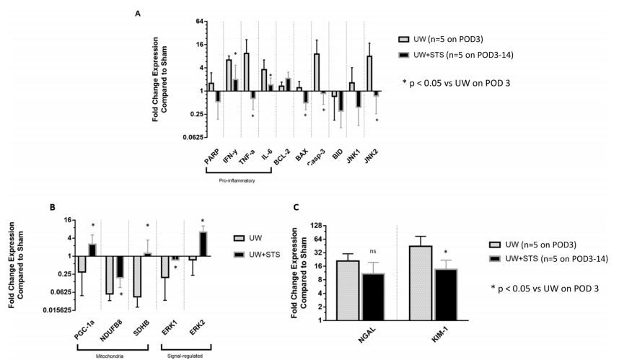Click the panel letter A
[138, 13]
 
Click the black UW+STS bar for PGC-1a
[92, 250]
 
